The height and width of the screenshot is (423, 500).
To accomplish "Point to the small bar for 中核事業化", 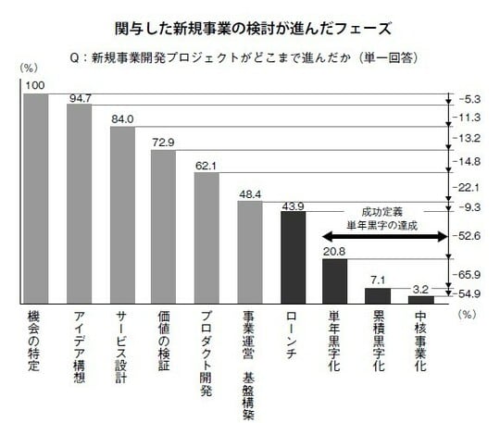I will pos(420,300).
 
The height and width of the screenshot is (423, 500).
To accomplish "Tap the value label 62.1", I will pos(206,165).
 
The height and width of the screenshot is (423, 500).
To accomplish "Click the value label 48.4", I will pos(249,193).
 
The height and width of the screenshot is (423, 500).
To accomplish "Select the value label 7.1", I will pos(378,280).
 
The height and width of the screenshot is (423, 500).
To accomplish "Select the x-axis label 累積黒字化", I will pos(378,342).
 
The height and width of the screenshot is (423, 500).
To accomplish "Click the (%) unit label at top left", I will pos(31,68).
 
